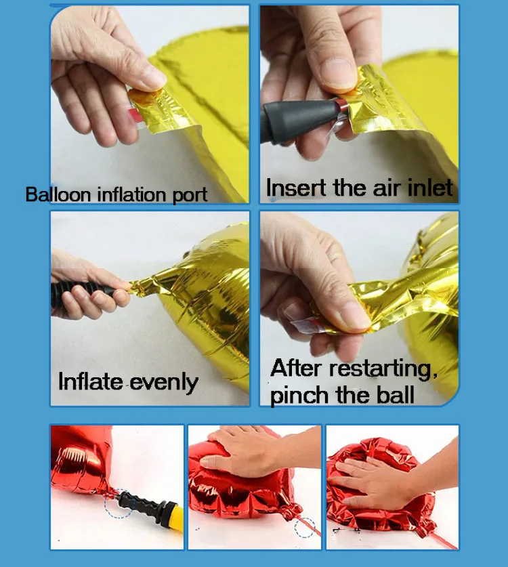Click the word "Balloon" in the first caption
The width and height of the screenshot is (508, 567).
pyautogui.click(x=58, y=194)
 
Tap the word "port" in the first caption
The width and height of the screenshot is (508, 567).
pyautogui.click(x=190, y=196)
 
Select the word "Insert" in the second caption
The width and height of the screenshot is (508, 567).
pyautogui.click(x=297, y=188)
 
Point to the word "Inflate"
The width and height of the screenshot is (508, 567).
pyautogui.click(x=90, y=381)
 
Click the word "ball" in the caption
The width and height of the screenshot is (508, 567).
pyautogui.click(x=396, y=395)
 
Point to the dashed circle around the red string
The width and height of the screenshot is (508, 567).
pyautogui.click(x=304, y=528)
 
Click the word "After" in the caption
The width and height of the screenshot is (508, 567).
pyautogui.click(x=296, y=369)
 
